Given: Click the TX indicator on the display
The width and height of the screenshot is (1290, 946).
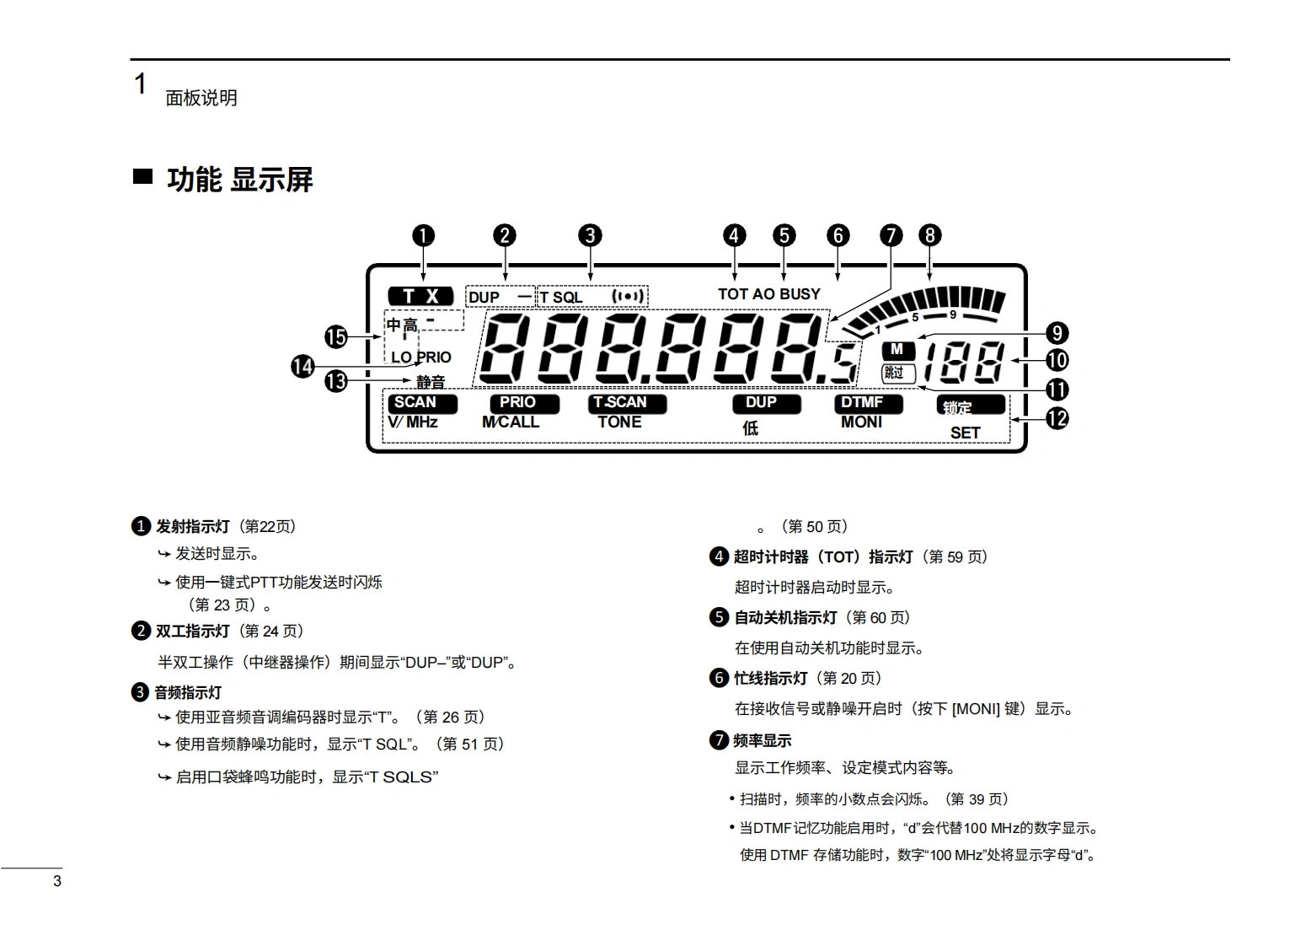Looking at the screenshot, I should click(x=420, y=296).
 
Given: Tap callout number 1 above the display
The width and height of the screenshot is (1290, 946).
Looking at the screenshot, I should click(x=423, y=235).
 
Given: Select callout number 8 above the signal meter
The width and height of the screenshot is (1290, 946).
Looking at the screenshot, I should click(x=929, y=235).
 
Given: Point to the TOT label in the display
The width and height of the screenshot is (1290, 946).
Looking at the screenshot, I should click(x=732, y=293).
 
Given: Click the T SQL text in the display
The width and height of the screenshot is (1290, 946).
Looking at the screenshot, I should click(x=561, y=297).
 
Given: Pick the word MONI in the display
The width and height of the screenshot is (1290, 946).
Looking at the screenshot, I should click(x=861, y=422).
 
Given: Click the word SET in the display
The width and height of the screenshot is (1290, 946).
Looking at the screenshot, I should click(x=965, y=433).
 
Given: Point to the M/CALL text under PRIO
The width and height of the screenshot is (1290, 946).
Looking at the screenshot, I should click(x=511, y=422).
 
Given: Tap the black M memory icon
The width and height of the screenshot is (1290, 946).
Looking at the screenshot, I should click(x=897, y=349).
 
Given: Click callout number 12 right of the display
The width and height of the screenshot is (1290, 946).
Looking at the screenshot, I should click(x=1057, y=418).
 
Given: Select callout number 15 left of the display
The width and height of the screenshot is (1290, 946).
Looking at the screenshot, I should click(x=336, y=337).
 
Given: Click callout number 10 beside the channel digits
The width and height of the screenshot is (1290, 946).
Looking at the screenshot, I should click(x=1057, y=361).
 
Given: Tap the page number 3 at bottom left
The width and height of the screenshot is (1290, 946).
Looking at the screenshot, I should click(x=57, y=881).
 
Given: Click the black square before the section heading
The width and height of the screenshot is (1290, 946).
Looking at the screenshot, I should click(x=142, y=177).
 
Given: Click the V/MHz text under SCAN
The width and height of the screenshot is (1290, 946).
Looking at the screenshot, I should click(x=413, y=422).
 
